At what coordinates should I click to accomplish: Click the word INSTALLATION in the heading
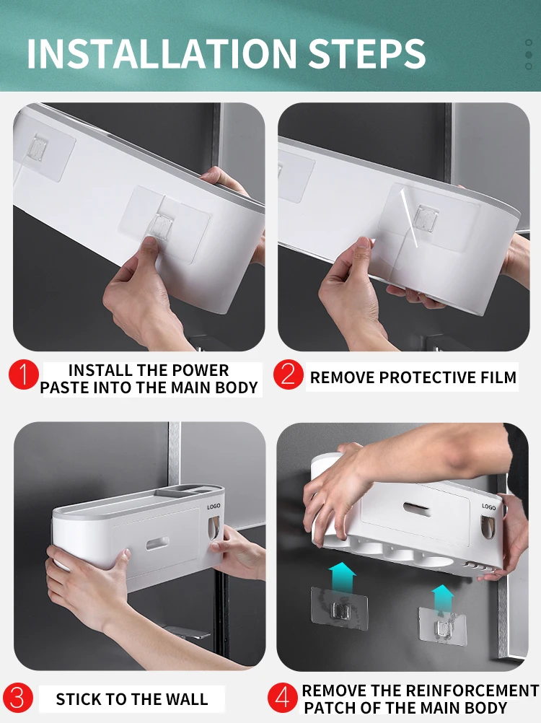click(x=162, y=53)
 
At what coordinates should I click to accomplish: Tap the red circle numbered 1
click(x=24, y=374)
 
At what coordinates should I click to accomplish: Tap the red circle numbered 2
click(x=288, y=374)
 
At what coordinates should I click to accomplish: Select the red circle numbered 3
click(x=17, y=698)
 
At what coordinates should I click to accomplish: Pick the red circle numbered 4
click(x=283, y=697)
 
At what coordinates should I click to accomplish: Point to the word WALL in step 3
click(x=187, y=699)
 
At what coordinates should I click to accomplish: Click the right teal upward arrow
click(x=443, y=600)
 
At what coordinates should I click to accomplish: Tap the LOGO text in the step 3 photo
click(x=214, y=507)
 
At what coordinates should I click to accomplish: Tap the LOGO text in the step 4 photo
click(x=489, y=507)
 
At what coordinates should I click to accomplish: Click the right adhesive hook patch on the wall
click(x=442, y=626)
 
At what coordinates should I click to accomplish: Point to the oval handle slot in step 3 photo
click(x=157, y=543)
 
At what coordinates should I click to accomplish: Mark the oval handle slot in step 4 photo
click(x=417, y=509)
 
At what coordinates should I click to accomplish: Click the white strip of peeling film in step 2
click(x=408, y=218)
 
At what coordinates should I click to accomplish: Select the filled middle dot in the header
click(x=529, y=55)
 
